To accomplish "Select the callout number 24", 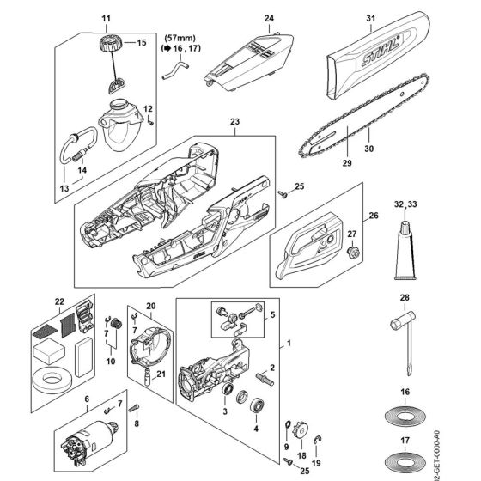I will [269, 16].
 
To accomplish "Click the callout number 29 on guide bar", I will [346, 162].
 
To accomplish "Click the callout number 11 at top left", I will [107, 17].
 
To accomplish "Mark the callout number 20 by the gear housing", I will [150, 305].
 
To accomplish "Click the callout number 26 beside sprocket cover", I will [373, 216].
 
